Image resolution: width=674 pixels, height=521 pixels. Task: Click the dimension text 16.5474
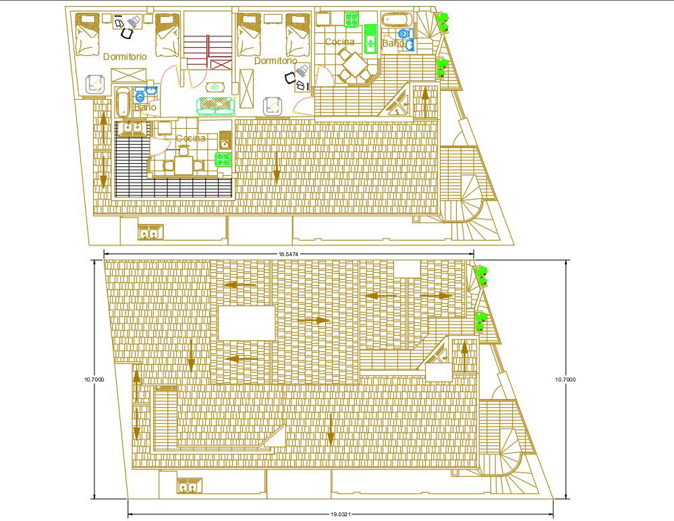(288, 254)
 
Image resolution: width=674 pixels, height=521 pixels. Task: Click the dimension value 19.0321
(340, 514)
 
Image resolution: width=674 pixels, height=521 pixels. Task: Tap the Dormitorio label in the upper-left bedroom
(125, 57)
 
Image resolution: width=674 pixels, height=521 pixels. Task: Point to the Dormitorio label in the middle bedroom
(275, 61)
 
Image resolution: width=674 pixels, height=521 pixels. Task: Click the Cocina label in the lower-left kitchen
(191, 138)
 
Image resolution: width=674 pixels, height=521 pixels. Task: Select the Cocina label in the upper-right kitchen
(339, 42)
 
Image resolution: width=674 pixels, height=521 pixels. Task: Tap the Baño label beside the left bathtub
(145, 107)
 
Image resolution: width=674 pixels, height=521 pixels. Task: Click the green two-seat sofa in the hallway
(215, 104)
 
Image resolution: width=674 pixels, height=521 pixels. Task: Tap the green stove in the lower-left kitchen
(223, 159)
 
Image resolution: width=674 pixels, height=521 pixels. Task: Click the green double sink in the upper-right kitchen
(370, 38)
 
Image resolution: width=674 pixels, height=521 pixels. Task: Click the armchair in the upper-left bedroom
(95, 84)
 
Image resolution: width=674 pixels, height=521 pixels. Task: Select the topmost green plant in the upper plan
(442, 23)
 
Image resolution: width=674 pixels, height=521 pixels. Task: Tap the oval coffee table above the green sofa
(215, 86)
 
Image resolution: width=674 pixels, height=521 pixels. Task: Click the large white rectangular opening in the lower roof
(246, 323)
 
